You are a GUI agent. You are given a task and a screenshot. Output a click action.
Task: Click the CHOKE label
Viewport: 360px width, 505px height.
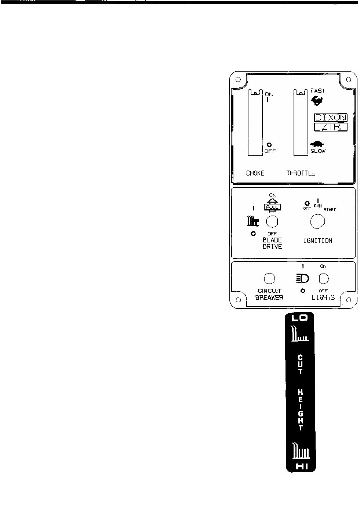[x=255, y=173]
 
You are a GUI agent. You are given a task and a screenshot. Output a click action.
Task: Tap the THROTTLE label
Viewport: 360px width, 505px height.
[x=301, y=173]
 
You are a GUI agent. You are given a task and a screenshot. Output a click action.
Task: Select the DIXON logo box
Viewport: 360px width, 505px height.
[x=330, y=118]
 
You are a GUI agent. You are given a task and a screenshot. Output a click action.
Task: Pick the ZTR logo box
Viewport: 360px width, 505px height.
[x=330, y=127]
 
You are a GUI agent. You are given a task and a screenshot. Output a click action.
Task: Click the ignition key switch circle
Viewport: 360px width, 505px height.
[x=317, y=221]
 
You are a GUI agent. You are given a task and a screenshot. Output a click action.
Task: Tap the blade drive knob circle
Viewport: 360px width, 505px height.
[x=272, y=221]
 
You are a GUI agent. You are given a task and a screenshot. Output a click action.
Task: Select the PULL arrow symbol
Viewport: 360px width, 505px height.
[x=272, y=204]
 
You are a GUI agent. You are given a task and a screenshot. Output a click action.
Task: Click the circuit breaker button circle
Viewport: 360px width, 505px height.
[x=269, y=279]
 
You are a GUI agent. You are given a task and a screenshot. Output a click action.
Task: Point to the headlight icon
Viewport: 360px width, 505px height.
[x=302, y=279]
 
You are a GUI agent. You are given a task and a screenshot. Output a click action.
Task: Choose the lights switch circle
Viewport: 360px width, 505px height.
[x=323, y=279]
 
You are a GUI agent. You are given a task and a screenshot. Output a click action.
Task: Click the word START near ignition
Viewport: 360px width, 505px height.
[x=329, y=210]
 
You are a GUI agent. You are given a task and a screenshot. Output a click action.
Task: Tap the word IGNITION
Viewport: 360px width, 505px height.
[x=317, y=241]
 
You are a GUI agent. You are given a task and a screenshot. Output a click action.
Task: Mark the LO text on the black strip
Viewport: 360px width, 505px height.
[x=300, y=318]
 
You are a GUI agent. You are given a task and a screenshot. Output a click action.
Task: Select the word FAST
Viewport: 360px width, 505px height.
[x=317, y=91]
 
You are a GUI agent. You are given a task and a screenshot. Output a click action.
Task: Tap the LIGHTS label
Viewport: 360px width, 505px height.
[x=323, y=297]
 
